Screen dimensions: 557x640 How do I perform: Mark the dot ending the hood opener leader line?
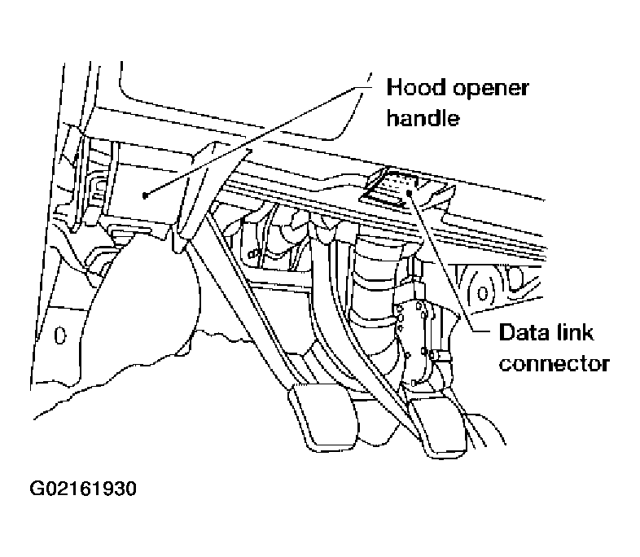tap(144, 195)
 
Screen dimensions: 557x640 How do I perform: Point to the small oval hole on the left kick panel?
tap(59, 334)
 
